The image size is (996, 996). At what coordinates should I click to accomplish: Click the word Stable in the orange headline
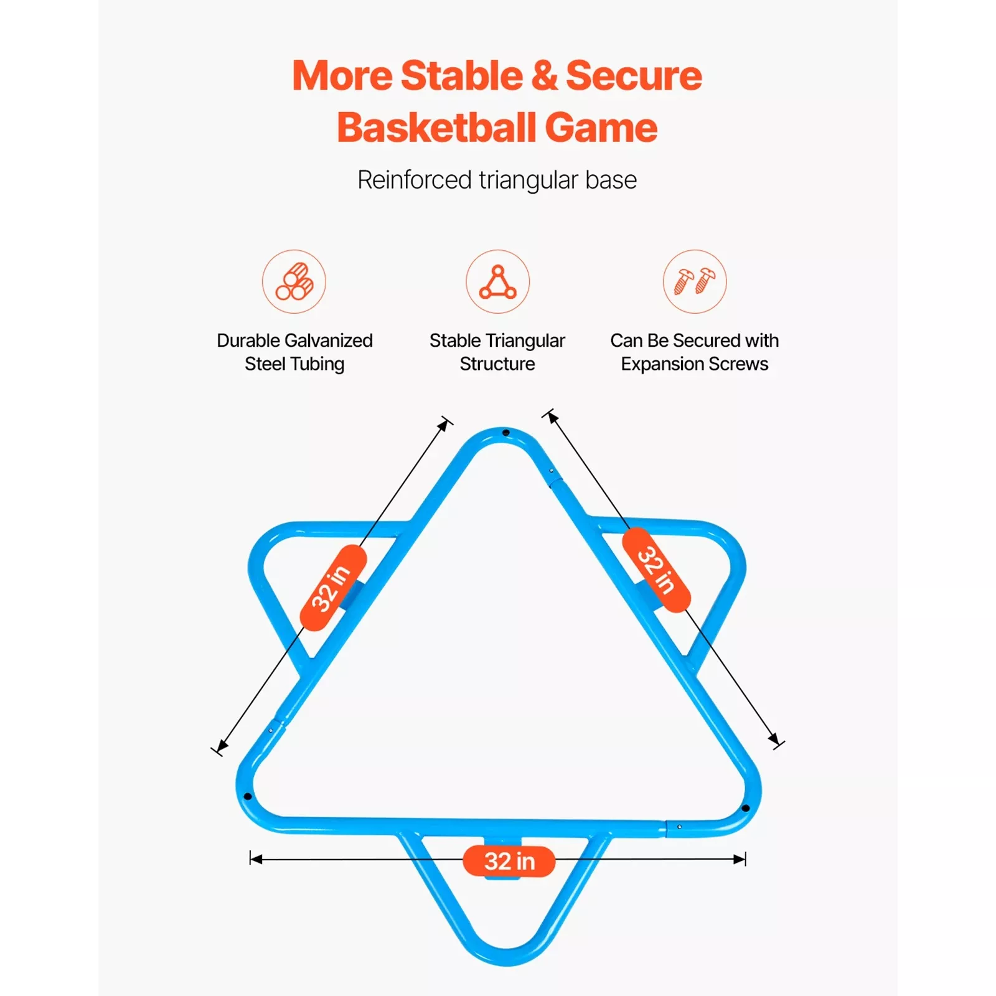pos(462,76)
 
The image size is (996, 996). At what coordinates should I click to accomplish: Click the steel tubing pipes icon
pos(294,281)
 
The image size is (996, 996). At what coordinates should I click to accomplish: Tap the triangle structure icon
pos(497,281)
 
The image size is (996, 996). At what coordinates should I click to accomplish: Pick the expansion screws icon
pos(695,281)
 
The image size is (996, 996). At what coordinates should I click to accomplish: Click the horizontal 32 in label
pos(509,862)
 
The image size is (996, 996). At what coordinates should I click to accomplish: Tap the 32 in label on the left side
pos(332,588)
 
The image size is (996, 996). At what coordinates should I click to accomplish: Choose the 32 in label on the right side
pos(656,570)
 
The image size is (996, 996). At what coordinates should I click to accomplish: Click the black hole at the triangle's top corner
pos(505,433)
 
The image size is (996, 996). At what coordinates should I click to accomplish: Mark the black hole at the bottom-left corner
pos(248,796)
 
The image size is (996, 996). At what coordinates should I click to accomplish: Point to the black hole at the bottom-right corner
pos(746,808)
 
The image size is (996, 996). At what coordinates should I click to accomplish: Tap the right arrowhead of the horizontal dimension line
pos(740,859)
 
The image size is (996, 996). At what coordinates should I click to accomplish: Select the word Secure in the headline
pos(634,76)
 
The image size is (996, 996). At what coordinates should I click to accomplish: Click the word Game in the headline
pos(601,128)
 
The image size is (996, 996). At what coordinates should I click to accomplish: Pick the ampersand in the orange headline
pos(545,76)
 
